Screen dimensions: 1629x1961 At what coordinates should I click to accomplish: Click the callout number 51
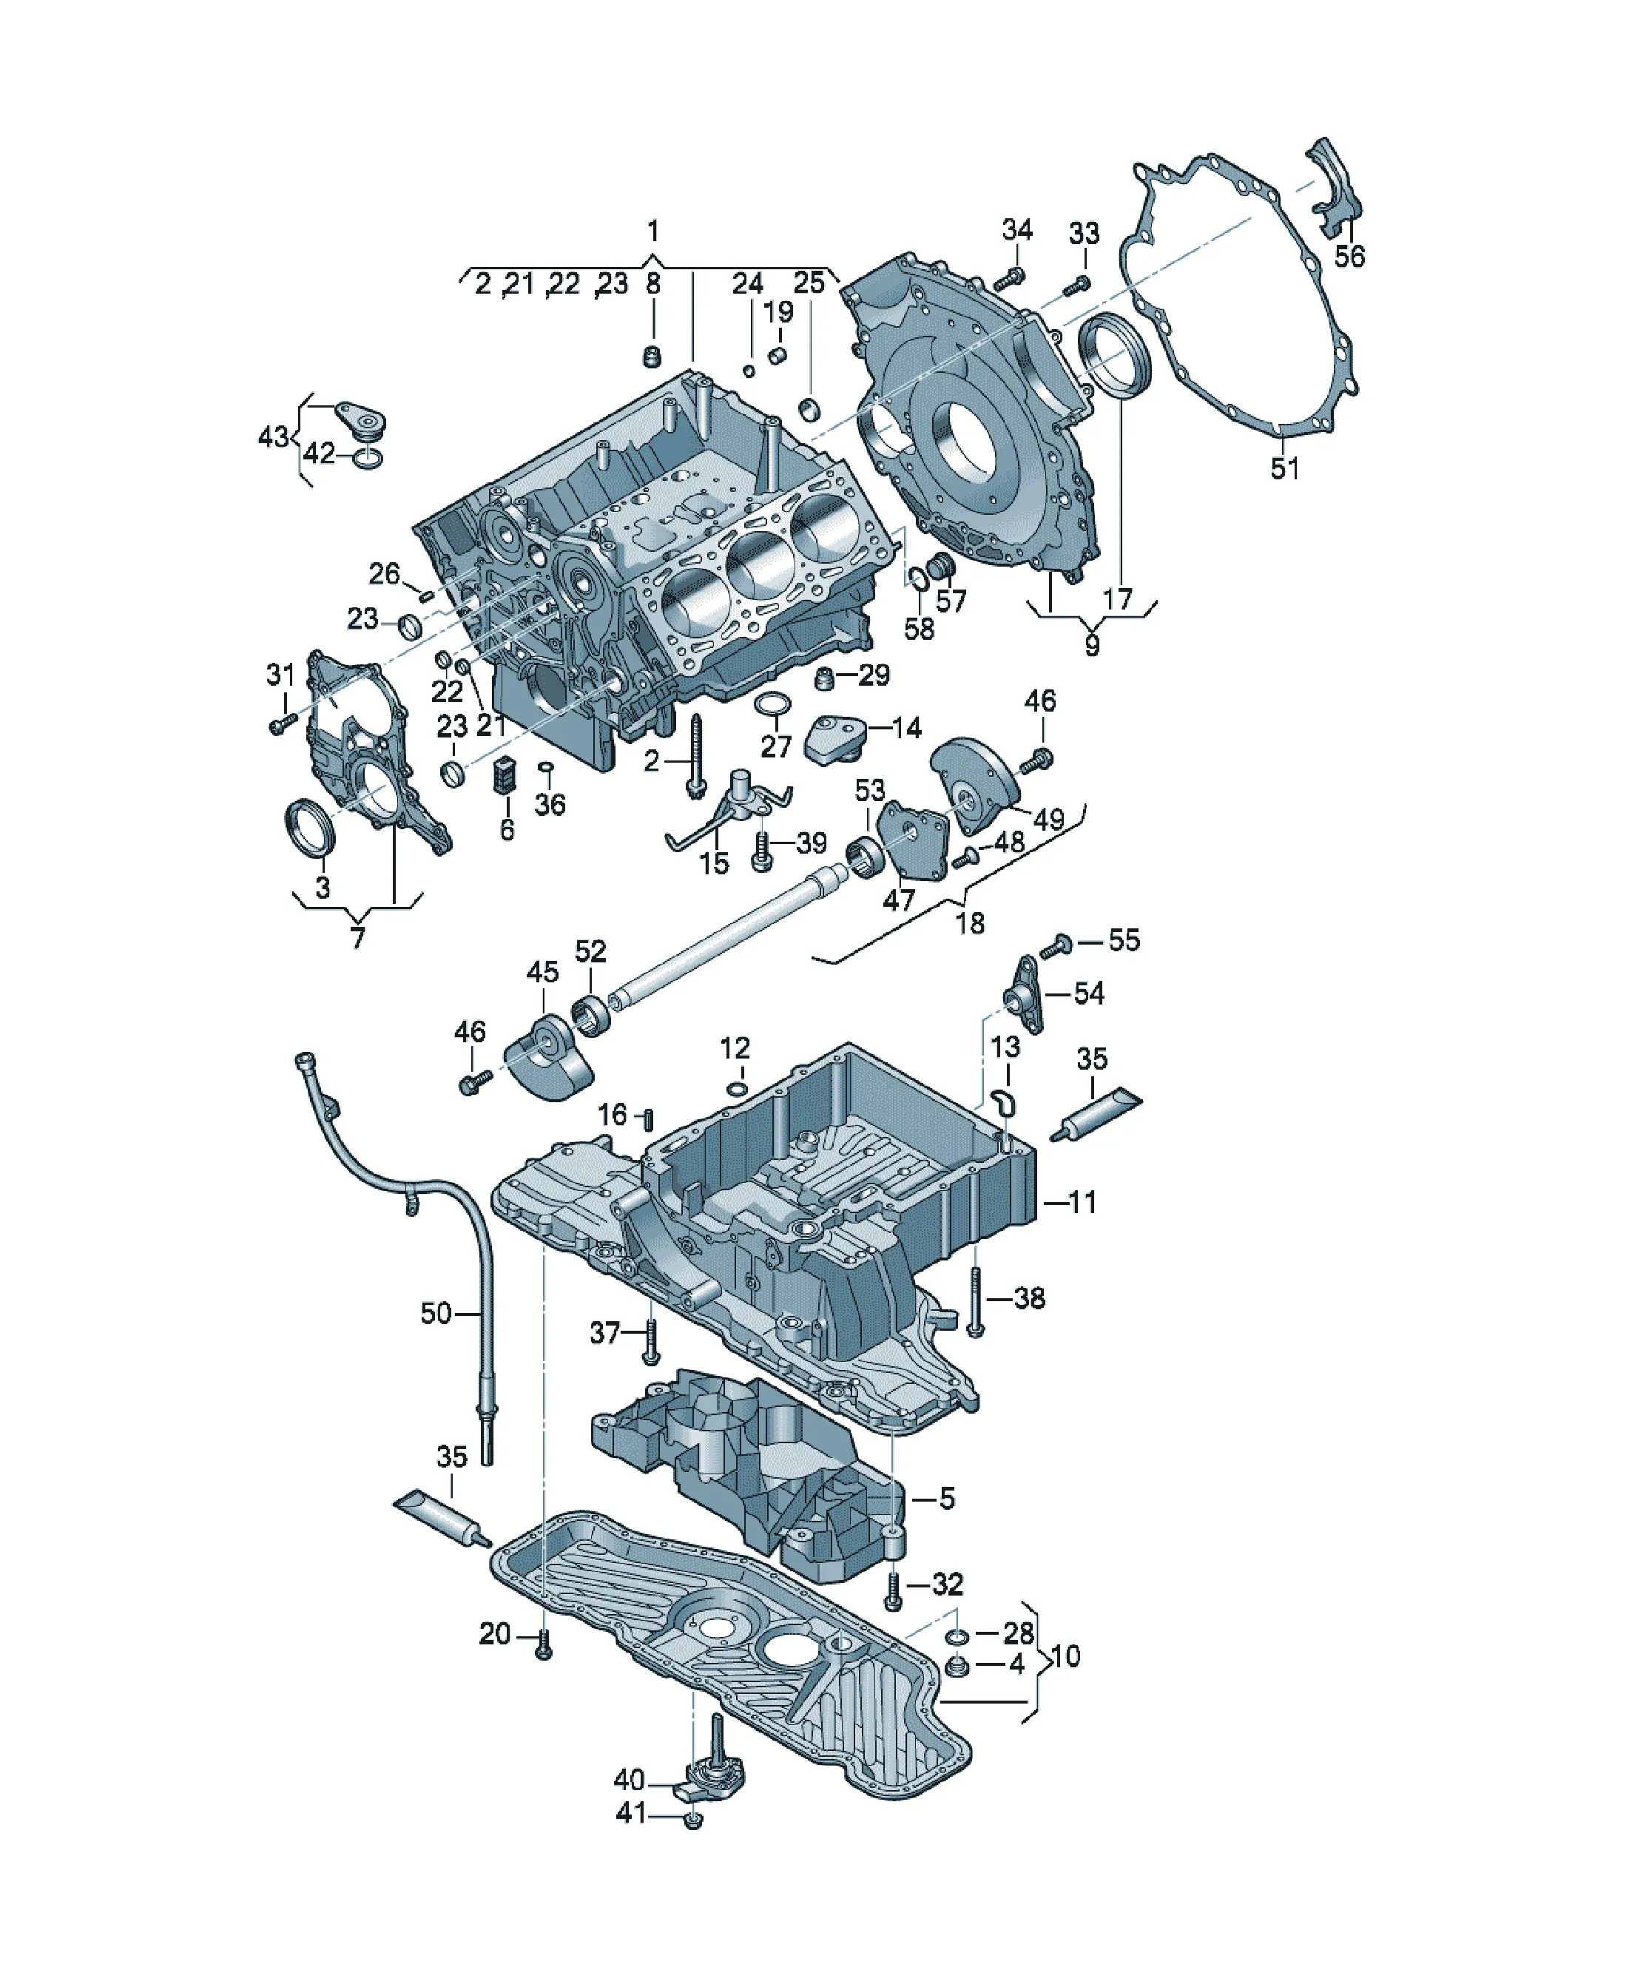point(1284,467)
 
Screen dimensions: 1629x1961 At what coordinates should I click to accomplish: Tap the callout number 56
point(1349,255)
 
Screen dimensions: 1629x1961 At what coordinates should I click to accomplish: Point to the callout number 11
point(1082,1202)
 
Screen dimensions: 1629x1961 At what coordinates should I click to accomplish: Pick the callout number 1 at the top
point(653,230)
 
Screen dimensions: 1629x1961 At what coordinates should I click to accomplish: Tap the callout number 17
point(1117,598)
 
